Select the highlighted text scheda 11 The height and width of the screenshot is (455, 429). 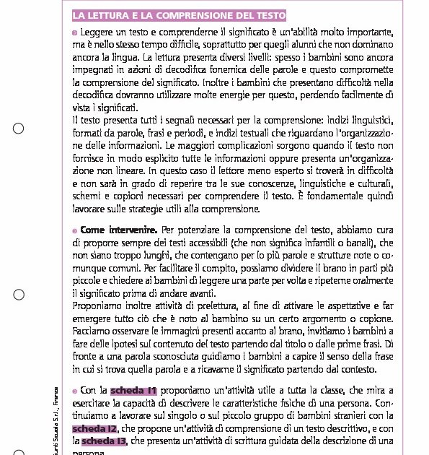[134, 391]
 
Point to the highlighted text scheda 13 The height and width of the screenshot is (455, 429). [104, 441]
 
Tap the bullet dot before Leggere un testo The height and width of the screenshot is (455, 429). [75, 33]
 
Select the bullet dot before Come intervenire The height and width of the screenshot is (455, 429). [75, 231]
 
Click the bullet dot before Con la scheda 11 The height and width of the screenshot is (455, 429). [75, 391]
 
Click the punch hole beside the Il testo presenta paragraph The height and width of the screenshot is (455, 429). [19, 129]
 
